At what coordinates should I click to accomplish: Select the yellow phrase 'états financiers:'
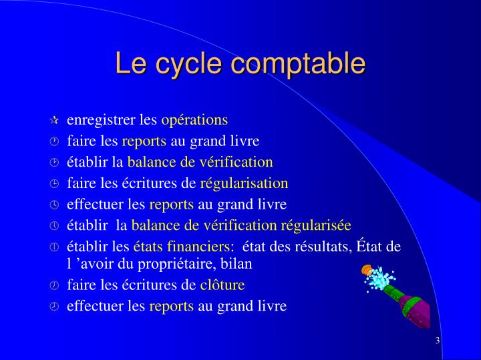point(184,247)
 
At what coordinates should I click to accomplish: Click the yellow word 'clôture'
point(222,285)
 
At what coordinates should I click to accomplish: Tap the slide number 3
point(437,341)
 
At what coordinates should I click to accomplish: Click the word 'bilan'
point(238,263)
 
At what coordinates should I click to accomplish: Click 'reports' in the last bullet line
point(171,306)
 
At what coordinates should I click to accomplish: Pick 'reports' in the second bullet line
point(144,141)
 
